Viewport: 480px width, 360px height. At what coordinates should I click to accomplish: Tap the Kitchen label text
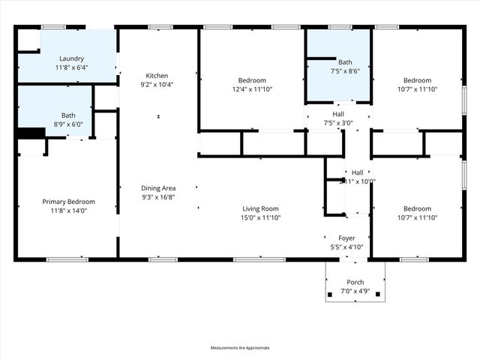coord(157,76)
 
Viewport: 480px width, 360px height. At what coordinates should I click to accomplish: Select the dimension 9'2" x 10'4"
coord(158,85)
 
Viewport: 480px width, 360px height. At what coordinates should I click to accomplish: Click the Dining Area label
coord(158,188)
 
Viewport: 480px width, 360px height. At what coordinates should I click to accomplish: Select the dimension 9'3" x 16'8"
coord(158,197)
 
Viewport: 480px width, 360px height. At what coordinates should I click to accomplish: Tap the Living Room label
coord(260,208)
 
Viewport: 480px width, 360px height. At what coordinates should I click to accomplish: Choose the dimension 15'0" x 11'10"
coord(260,217)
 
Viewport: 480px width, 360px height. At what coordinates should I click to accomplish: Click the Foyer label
coord(346,238)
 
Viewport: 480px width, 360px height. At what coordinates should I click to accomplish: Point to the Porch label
coord(355,282)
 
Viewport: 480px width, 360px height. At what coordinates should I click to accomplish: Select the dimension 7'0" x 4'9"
coord(355,291)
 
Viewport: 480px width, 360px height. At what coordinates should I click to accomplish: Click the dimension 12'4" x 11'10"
coord(252,89)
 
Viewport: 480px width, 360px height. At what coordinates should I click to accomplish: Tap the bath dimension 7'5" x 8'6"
coord(345,71)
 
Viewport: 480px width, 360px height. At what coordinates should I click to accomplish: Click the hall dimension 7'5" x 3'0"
coord(338,123)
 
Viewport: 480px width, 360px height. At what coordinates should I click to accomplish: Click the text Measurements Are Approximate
coord(240,348)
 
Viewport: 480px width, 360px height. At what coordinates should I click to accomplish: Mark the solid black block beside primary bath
coord(31,133)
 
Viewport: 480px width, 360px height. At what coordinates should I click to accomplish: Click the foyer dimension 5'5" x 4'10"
coord(346,247)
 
